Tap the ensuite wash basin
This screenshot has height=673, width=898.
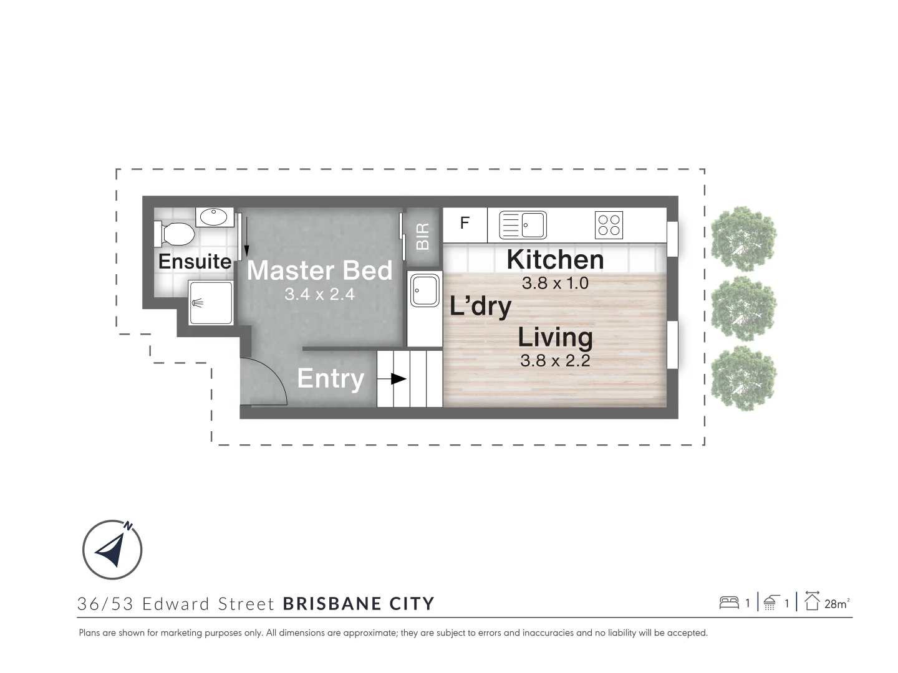pos(215,217)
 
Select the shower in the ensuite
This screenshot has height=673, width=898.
pos(211,303)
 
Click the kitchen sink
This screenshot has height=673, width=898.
pos(523,225)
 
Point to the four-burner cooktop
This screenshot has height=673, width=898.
pos(609,225)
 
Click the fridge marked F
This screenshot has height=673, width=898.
pos(465,224)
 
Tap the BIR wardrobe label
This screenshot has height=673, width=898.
pos(423,236)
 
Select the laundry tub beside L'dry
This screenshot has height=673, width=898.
pos(424,291)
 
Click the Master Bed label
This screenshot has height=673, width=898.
pos(319,270)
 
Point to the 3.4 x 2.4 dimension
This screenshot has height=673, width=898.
pos(319,294)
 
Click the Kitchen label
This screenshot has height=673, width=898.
pos(555,260)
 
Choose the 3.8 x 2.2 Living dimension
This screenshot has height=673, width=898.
pos(555,360)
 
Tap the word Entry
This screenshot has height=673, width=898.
pos(331,378)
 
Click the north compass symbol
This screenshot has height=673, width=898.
pos(113,550)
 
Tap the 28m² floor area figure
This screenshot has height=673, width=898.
pos(836,603)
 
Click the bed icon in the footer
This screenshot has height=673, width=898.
pos(729,603)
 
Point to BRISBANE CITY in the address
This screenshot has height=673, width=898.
pos(359,604)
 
